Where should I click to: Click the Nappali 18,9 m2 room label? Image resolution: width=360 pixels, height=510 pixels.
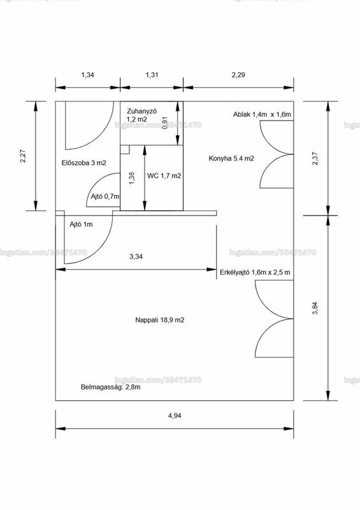pyautogui.click(x=160, y=320)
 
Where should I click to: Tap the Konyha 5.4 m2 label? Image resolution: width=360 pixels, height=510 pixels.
pyautogui.click(x=231, y=158)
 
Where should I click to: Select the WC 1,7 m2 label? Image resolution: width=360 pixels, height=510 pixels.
pyautogui.click(x=164, y=176)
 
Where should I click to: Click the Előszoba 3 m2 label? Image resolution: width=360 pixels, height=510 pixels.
pyautogui.click(x=84, y=163)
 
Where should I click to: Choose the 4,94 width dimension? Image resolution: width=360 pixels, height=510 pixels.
pyautogui.click(x=175, y=416)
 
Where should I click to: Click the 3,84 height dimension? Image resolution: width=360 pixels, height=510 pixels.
pyautogui.click(x=315, y=309)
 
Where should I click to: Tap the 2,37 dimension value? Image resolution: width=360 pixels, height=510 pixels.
pyautogui.click(x=315, y=158)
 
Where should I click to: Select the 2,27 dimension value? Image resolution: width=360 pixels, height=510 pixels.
pyautogui.click(x=23, y=156)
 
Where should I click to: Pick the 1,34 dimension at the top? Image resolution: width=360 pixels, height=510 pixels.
pyautogui.click(x=87, y=75)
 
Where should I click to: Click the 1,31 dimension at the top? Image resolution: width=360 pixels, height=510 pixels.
pyautogui.click(x=152, y=75)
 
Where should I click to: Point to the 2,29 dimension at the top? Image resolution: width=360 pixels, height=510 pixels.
pyautogui.click(x=238, y=75)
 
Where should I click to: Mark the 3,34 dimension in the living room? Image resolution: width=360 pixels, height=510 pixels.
pyautogui.click(x=136, y=257)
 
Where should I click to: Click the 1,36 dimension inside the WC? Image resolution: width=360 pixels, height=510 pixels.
pyautogui.click(x=131, y=178)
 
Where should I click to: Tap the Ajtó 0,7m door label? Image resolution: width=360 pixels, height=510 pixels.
pyautogui.click(x=105, y=196)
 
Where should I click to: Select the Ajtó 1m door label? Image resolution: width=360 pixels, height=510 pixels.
pyautogui.click(x=81, y=224)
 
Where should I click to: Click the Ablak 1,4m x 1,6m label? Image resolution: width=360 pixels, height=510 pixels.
pyautogui.click(x=262, y=115)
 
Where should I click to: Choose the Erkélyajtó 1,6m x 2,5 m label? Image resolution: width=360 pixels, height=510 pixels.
pyautogui.click(x=255, y=273)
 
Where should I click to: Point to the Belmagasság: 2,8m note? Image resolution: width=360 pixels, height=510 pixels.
pyautogui.click(x=111, y=388)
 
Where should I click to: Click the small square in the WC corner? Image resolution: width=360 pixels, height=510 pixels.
pyautogui.click(x=125, y=150)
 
